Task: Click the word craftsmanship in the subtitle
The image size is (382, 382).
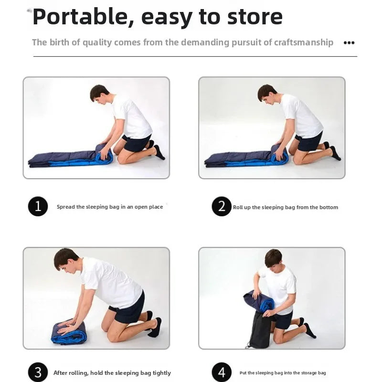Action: (x=304, y=42)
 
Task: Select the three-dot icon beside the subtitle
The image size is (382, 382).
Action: (x=349, y=43)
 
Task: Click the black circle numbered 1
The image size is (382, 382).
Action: (x=38, y=206)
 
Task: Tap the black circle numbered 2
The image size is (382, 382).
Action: (x=222, y=206)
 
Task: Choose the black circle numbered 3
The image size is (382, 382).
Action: (x=38, y=372)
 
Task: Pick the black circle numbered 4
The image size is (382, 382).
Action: (x=222, y=372)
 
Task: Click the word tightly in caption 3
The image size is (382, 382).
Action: (x=162, y=373)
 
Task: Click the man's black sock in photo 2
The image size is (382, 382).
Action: (x=335, y=153)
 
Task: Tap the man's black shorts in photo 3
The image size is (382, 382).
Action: (x=128, y=308)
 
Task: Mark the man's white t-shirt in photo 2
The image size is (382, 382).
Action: (x=303, y=117)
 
